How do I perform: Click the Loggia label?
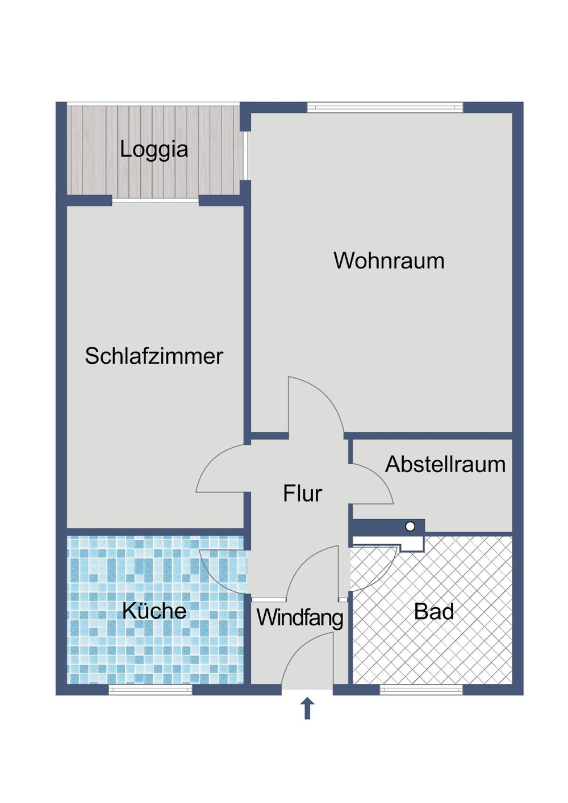coord(153,150)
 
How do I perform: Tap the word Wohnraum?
coord(389,261)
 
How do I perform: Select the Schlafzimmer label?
coord(153,356)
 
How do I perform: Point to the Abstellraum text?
coord(445,464)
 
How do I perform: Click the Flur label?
coord(302,494)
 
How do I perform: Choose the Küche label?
coord(154,611)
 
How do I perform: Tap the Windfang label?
coord(300,617)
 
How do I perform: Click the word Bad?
coord(434,612)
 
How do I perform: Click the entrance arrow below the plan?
coord(307,708)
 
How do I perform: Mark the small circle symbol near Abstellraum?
coord(410,527)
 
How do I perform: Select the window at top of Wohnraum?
coord(385,107)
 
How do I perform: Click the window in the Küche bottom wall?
coord(151,690)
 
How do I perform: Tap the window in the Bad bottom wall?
coord(421,690)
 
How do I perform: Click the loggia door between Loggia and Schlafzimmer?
coord(155,200)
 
